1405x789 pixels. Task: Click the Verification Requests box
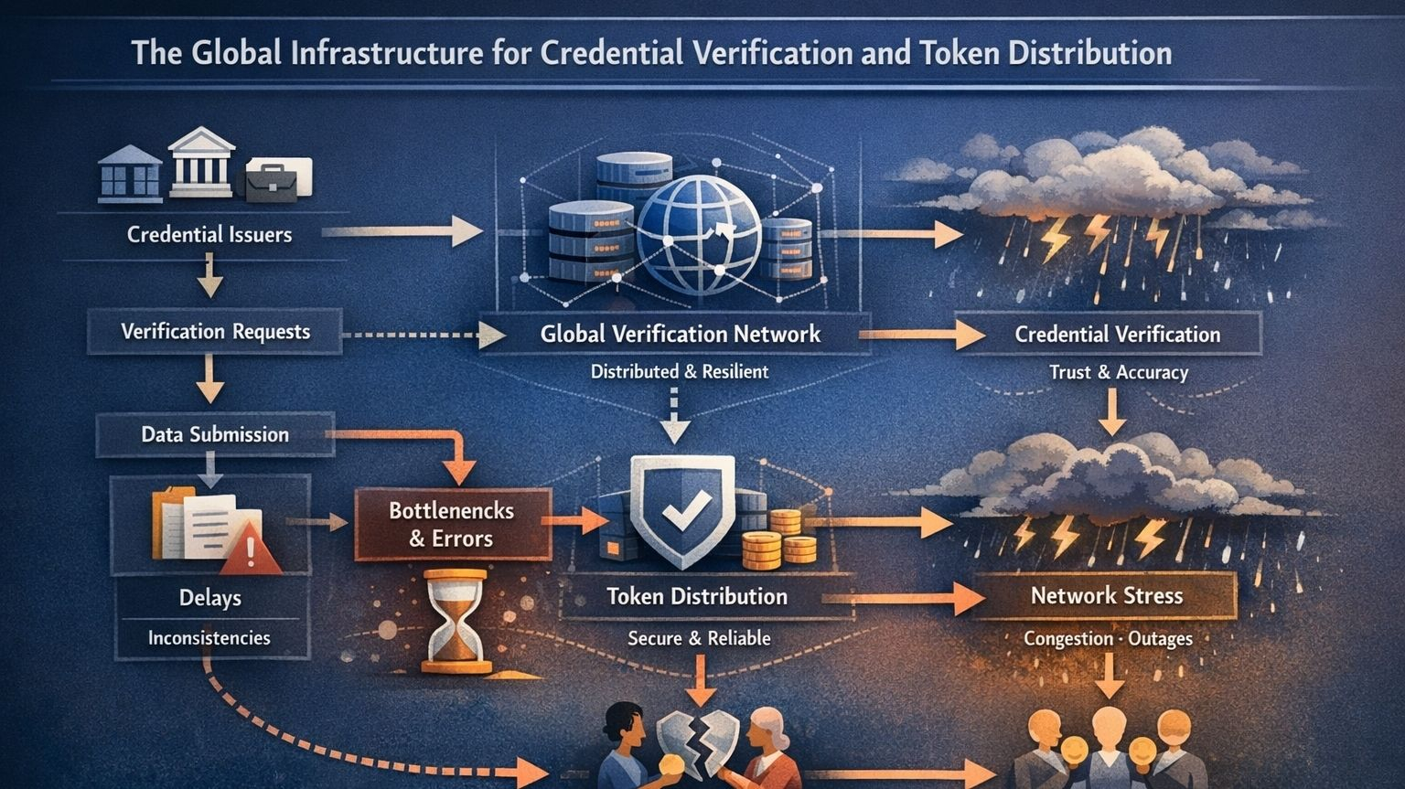(215, 332)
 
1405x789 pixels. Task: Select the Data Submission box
(215, 434)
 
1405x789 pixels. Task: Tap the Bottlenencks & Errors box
(452, 525)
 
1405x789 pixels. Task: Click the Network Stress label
(1106, 596)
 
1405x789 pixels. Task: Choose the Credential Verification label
(1117, 335)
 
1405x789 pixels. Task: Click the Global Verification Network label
(680, 335)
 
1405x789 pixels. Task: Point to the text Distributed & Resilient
(679, 372)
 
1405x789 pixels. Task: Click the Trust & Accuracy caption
(1118, 373)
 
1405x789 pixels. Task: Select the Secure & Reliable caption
(699, 638)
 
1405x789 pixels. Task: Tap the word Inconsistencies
(209, 638)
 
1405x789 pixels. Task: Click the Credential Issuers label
(209, 235)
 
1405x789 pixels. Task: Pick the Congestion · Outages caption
(1108, 638)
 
